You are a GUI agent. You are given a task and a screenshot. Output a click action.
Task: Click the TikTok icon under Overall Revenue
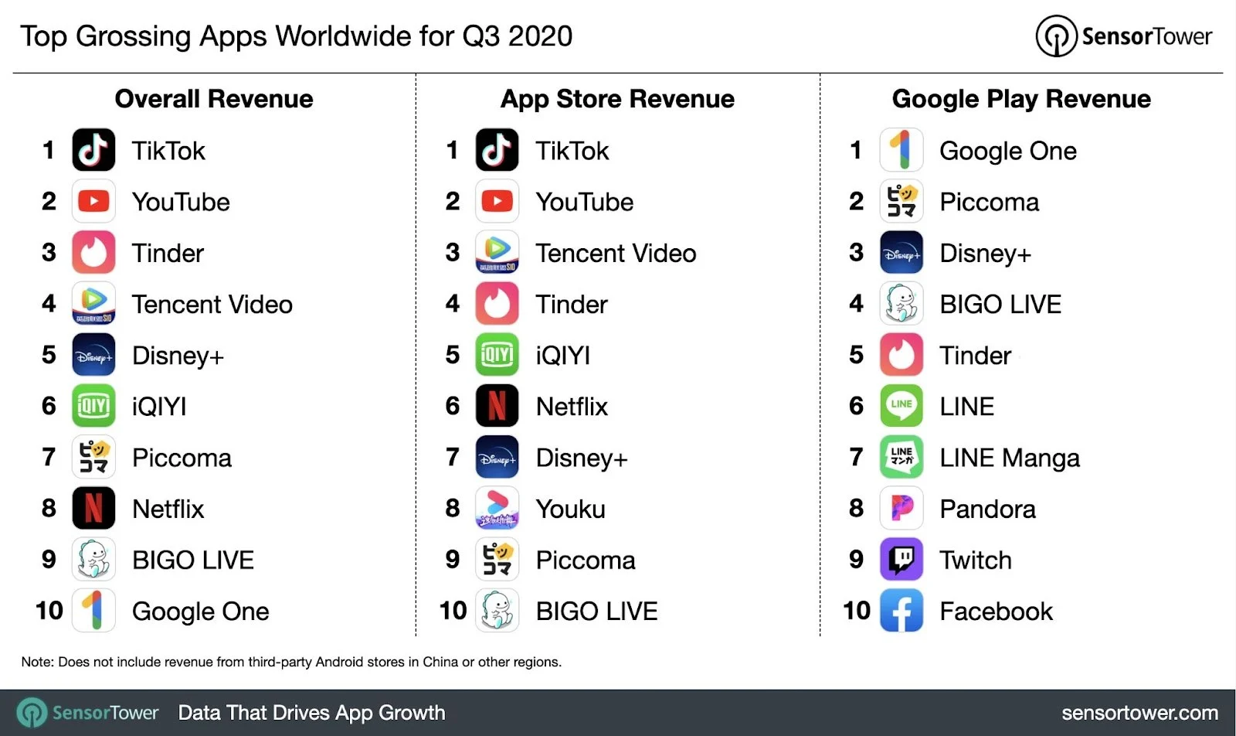coord(93,150)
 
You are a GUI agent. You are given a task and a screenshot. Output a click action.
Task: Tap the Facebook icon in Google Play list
coord(902,611)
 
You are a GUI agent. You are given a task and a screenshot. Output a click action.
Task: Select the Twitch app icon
coord(902,559)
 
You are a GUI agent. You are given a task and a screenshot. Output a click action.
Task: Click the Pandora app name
coord(987,509)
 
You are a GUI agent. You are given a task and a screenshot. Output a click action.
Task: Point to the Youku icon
coord(497,508)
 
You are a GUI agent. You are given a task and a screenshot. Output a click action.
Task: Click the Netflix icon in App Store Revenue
coord(497,406)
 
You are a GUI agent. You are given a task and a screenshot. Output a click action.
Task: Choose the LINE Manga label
coord(1009,458)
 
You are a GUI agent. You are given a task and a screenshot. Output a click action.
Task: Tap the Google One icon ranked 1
coord(902,150)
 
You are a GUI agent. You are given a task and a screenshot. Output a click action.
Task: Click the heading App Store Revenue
coord(617,99)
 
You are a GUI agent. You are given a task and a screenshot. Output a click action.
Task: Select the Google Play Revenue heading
coord(1021,99)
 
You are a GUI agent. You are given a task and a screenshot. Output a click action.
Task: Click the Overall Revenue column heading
coord(214,99)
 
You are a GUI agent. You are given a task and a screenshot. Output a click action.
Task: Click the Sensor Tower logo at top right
coord(1124,36)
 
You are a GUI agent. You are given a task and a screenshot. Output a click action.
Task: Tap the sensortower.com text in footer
coord(1139,713)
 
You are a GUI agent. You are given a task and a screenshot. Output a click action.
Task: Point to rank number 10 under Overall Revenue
coord(49,611)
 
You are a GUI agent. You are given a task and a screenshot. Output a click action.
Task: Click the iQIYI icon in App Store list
coord(497,355)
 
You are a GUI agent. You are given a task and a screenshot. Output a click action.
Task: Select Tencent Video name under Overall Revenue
coord(212,304)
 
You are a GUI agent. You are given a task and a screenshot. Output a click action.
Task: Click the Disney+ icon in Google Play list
coord(902,253)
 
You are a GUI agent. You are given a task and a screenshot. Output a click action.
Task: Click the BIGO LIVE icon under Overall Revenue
coord(93,559)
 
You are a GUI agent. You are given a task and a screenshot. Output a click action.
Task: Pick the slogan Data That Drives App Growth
coord(311,713)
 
